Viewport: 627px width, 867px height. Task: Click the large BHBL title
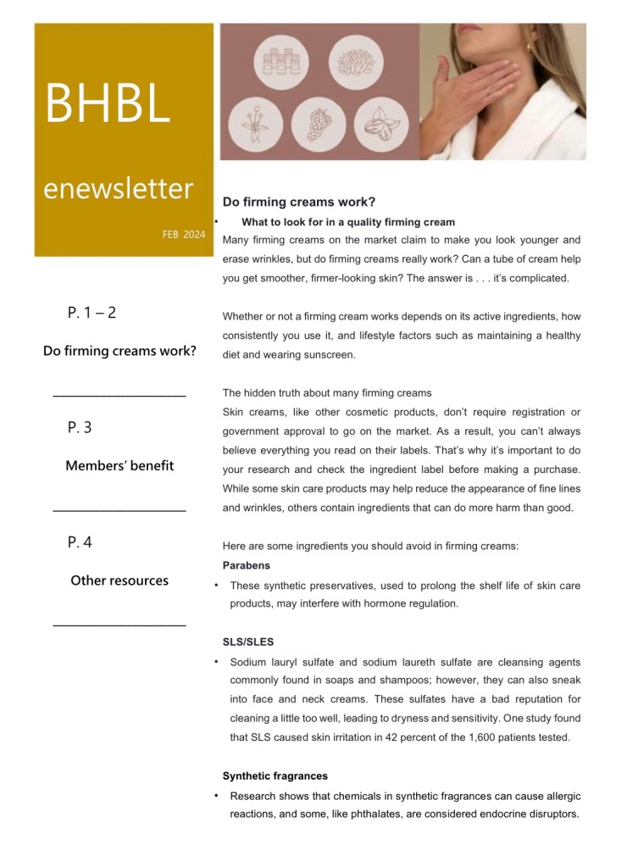108,103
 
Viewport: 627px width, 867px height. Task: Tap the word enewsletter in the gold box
119,187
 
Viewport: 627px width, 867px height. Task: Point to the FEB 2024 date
183,234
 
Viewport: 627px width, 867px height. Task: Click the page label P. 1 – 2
92,313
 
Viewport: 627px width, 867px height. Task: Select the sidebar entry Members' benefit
119,465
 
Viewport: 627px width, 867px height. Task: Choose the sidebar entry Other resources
119,581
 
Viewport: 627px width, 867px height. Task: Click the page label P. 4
80,542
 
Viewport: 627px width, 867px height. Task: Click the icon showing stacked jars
281,63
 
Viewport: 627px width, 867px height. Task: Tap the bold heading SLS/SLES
247,642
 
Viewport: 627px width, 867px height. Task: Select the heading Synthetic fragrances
275,775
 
